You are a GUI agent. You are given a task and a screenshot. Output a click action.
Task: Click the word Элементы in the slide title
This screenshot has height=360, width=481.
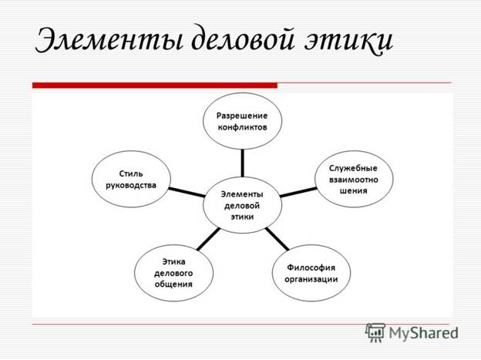point(109,40)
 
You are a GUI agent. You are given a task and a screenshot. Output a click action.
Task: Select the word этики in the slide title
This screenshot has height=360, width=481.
point(348,41)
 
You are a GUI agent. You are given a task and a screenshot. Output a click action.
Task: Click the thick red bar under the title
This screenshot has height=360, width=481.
point(155,86)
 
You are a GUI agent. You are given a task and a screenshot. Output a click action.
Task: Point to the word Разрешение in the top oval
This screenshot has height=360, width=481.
point(242,116)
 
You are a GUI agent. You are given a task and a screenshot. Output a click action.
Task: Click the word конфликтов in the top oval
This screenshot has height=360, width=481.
point(242,127)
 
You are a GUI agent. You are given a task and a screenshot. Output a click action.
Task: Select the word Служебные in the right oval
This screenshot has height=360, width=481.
point(353,168)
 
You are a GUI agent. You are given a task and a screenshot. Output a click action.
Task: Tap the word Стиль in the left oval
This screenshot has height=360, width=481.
point(131,173)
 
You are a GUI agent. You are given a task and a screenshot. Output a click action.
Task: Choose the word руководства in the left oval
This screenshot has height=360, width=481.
point(131,185)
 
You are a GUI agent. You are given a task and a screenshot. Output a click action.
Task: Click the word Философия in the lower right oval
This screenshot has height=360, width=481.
point(311,267)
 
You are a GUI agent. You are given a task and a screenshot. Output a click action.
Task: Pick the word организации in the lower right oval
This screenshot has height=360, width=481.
point(311,279)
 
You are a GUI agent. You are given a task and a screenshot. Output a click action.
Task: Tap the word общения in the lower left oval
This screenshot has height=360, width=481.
point(173,284)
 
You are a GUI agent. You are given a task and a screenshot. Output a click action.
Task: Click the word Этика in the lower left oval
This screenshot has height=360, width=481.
point(173,261)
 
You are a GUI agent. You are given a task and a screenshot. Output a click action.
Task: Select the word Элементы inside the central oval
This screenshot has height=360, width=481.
point(242,194)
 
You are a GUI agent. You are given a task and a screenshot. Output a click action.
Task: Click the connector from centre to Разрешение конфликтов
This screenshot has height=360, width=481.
point(243,163)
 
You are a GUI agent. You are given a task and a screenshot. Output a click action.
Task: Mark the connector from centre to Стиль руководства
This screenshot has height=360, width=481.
point(187,192)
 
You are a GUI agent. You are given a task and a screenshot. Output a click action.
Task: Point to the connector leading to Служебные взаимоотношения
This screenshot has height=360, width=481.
point(298,192)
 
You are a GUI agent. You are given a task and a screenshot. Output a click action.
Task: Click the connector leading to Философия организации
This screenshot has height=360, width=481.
point(277,239)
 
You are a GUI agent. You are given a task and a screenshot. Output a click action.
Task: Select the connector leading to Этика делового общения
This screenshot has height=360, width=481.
point(208,239)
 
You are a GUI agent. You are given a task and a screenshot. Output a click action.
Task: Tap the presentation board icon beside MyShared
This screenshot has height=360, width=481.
point(375,332)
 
